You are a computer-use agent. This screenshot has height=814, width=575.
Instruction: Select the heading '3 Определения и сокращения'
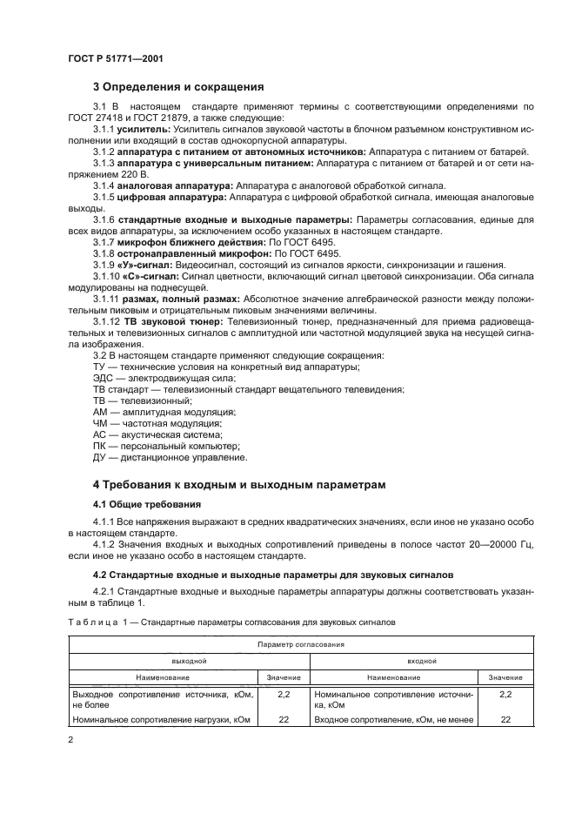point(178,86)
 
